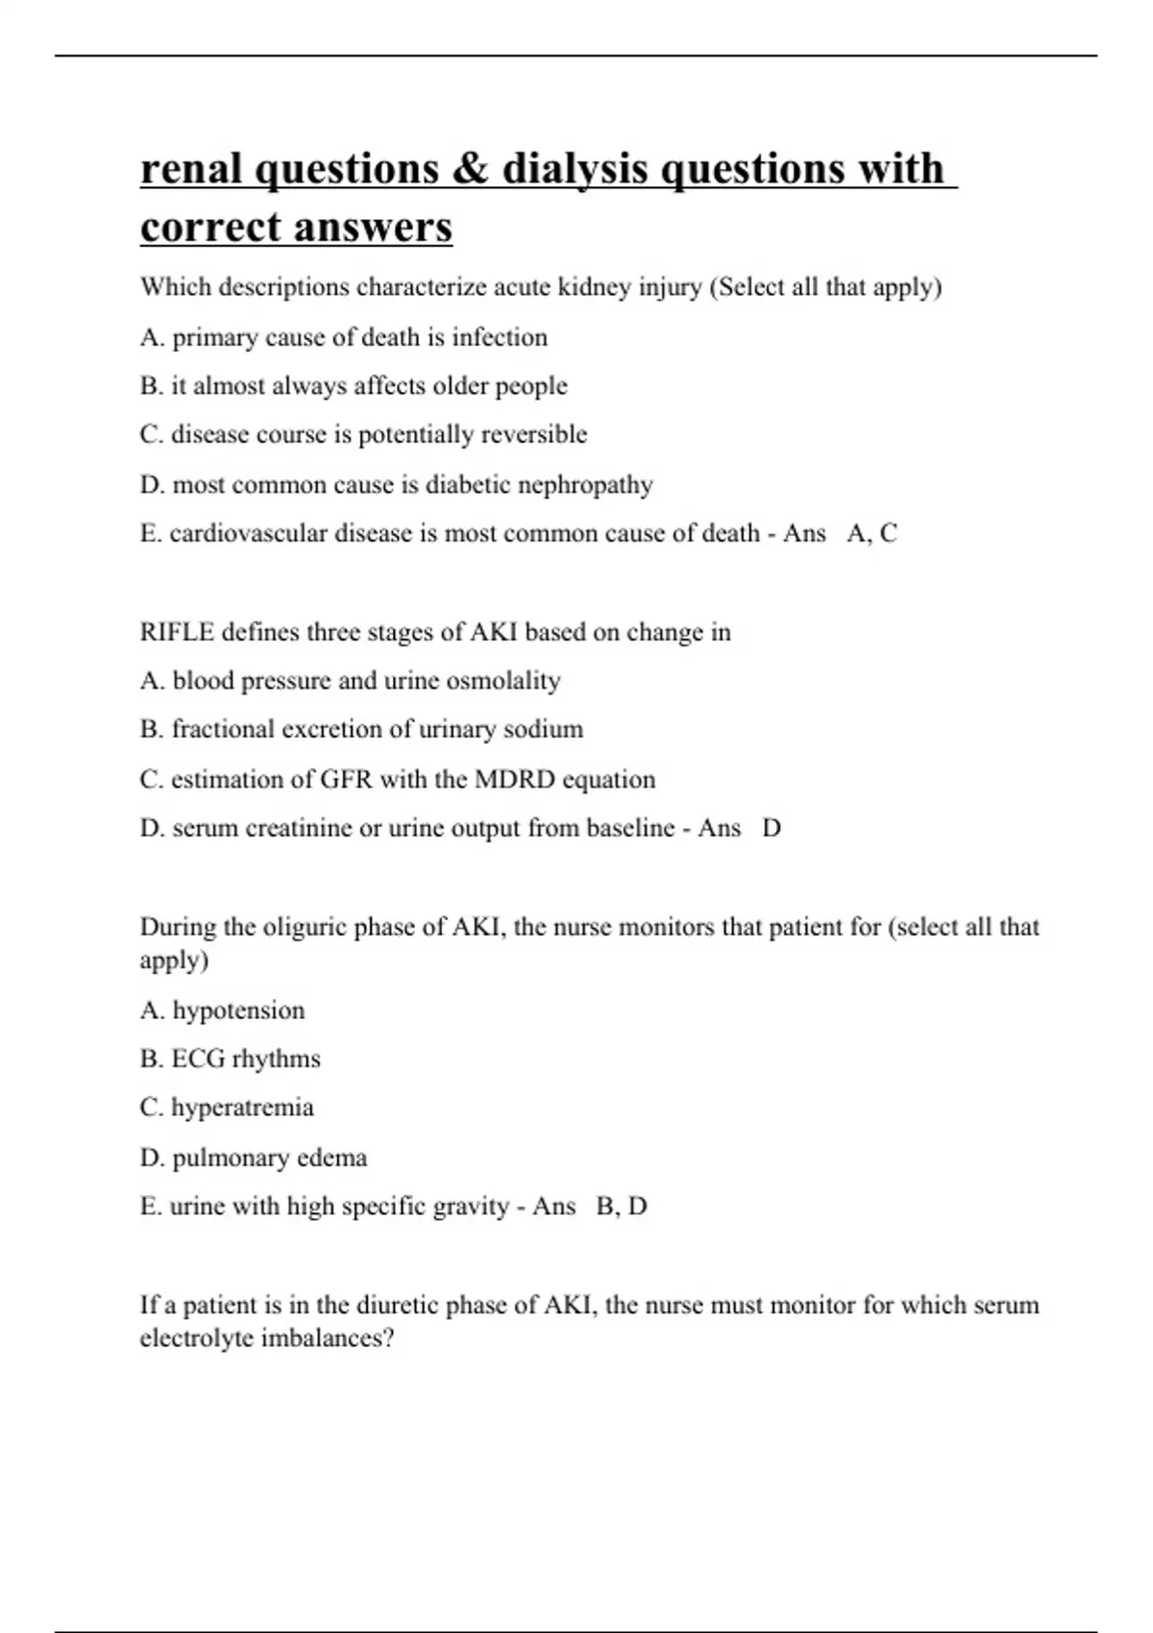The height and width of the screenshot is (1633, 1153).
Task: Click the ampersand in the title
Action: (x=469, y=169)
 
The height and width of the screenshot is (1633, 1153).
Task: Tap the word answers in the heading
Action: (x=373, y=228)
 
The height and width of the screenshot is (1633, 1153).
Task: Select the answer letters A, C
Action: (x=871, y=533)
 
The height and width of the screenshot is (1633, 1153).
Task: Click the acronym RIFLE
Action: (x=177, y=632)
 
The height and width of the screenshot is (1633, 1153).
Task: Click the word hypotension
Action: (x=238, y=1011)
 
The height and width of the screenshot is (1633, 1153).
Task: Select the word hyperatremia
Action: (x=242, y=1108)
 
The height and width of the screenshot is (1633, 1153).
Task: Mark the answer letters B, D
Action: (x=622, y=1206)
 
